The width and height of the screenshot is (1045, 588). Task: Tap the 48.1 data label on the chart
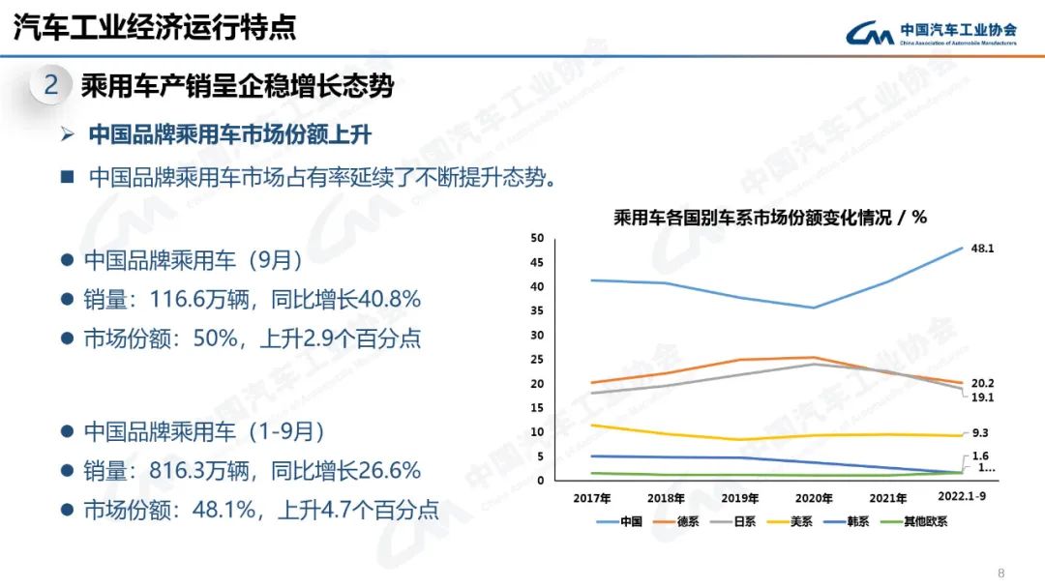click(983, 249)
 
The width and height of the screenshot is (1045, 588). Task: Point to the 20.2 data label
click(983, 383)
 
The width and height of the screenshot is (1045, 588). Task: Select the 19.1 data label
click(983, 397)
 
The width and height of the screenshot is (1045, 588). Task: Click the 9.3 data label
click(980, 434)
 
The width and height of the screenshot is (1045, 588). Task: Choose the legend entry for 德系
click(684, 522)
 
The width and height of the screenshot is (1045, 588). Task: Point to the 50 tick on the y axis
click(538, 238)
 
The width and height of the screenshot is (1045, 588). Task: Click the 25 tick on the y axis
click(538, 360)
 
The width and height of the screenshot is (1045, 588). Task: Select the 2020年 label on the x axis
click(814, 499)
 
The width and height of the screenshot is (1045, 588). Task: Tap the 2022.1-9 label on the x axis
click(965, 497)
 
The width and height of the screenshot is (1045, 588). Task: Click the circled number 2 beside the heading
click(51, 86)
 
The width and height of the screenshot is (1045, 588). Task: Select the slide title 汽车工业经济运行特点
click(155, 27)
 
